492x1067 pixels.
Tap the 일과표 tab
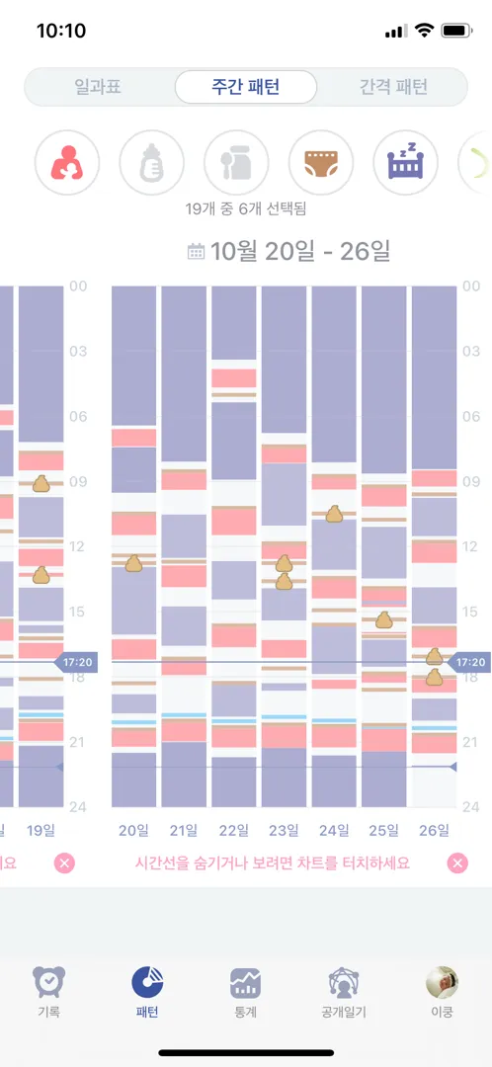[x=98, y=87]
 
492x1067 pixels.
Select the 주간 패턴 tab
[x=246, y=87]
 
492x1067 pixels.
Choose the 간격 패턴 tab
[x=393, y=87]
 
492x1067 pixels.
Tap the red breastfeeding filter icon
[x=67, y=163]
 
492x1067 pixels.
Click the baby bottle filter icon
[x=152, y=163]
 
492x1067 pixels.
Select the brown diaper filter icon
[x=321, y=163]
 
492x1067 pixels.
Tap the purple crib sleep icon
[x=406, y=163]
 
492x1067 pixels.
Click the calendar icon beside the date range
[x=196, y=252]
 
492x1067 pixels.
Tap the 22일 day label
[x=233, y=830]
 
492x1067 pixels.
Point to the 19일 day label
[x=41, y=830]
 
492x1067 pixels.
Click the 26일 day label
[x=434, y=830]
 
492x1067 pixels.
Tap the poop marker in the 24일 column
[x=334, y=514]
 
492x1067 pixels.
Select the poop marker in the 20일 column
[x=133, y=563]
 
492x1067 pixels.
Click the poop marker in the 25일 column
[x=383, y=619]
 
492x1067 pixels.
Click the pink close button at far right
[x=457, y=863]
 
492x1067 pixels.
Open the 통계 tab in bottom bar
[x=246, y=992]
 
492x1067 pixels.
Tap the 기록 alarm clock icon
[x=49, y=982]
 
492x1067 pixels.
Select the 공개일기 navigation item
[x=344, y=992]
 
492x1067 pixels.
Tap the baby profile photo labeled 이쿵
[x=442, y=982]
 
